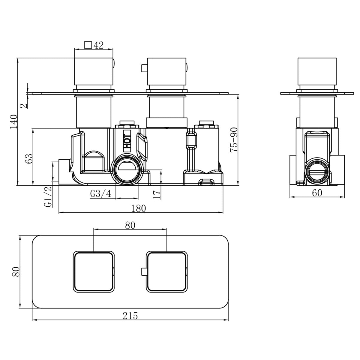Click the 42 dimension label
pos(98,45)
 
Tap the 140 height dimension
pos(13,121)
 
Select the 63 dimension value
pos(29,159)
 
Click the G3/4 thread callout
pos(100,193)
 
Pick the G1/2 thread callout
pos(48,197)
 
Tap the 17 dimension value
pos(157,195)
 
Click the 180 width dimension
pos(138,208)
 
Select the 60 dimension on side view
pos(317,193)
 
